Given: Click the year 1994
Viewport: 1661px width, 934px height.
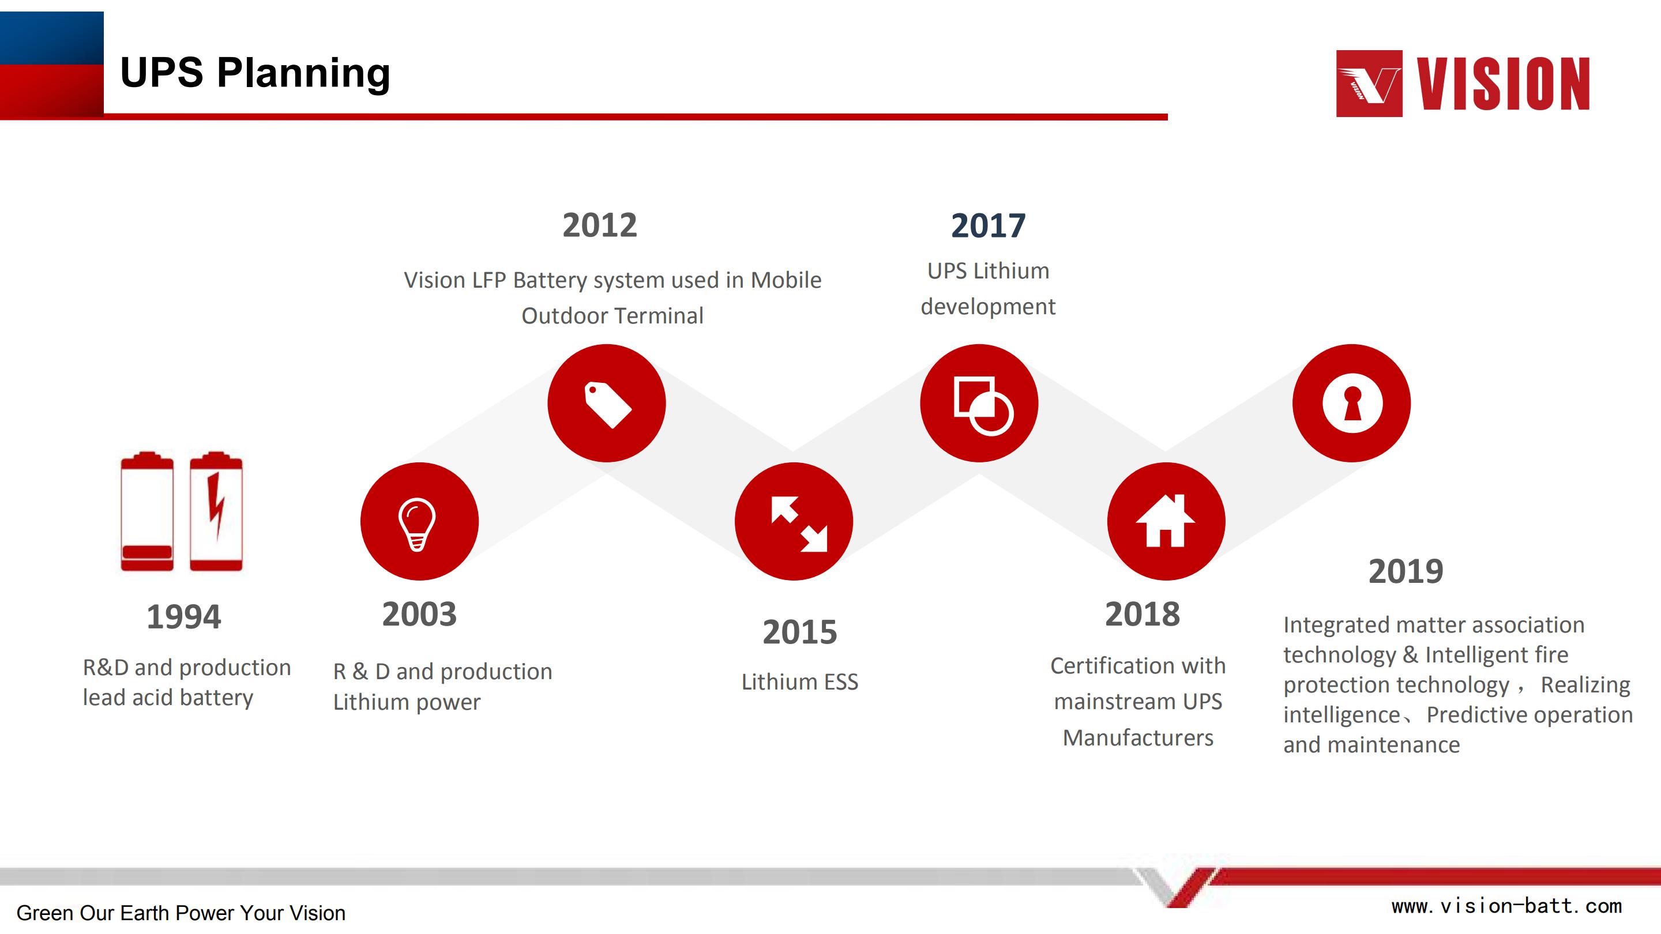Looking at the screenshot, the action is click(184, 617).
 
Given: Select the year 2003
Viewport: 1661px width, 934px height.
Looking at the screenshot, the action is click(419, 614).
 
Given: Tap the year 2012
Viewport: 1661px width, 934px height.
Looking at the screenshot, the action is click(600, 225).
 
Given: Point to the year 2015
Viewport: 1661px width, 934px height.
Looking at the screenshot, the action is click(799, 632).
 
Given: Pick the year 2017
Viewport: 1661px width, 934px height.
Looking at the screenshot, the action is click(988, 225).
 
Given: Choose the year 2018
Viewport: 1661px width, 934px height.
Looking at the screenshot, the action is click(1143, 614).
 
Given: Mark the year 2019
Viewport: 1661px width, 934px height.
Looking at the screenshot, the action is click(1406, 572).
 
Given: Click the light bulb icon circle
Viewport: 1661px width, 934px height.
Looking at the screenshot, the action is click(419, 521).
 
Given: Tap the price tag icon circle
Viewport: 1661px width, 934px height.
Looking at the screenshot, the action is click(606, 403).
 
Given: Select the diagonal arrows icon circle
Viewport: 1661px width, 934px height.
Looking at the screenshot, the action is click(793, 521).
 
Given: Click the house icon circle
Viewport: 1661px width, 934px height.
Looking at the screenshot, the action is click(1166, 521).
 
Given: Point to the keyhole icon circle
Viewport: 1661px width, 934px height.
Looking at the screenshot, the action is click(1351, 403).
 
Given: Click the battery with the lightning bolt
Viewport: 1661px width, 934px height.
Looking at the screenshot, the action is click(216, 511).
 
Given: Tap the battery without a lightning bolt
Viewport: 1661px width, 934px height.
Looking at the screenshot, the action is click(147, 511).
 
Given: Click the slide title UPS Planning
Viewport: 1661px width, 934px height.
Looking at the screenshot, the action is click(255, 72).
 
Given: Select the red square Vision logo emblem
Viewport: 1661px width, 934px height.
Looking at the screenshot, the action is click(1369, 84).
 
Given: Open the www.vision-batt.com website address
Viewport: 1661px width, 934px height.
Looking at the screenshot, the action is click(1506, 906).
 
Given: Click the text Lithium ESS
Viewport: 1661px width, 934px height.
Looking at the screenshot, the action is click(799, 681).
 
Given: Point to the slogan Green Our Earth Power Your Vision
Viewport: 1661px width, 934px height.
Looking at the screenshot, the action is click(181, 913).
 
